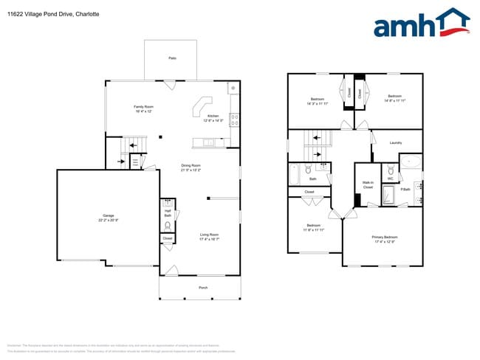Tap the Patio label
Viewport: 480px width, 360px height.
[x=172, y=58]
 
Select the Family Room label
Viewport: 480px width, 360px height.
[x=143, y=107]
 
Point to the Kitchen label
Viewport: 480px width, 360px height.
[x=213, y=116]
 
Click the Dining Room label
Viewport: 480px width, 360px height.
[x=191, y=165]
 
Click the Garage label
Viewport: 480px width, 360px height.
[x=109, y=215]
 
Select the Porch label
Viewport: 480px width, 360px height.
[x=202, y=287]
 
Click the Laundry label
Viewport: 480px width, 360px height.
[x=395, y=142]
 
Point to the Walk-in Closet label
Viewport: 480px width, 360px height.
[x=368, y=184]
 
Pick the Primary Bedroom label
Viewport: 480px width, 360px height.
[x=384, y=237]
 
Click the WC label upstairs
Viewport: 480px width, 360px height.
[x=390, y=178]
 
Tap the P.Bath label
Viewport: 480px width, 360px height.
[x=405, y=190]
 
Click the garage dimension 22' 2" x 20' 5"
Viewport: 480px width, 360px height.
[x=109, y=221]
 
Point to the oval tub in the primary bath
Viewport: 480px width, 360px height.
[x=411, y=162]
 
